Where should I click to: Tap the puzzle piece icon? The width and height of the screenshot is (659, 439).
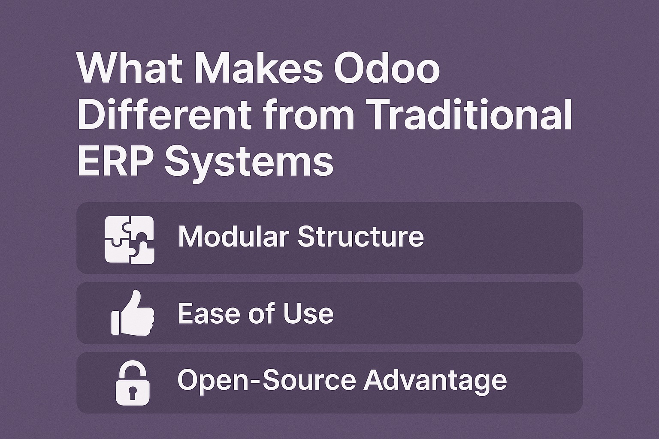130,239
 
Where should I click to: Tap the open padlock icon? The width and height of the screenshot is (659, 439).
133,382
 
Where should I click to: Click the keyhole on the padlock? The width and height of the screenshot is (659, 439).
133,392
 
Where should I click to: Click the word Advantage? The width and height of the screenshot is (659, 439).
435,380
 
